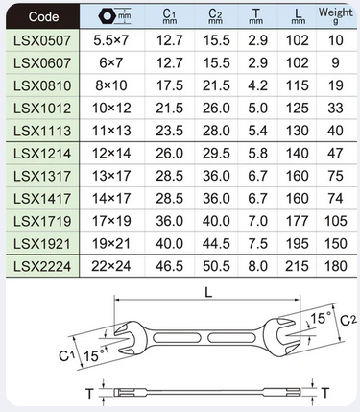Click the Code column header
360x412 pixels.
point(43,16)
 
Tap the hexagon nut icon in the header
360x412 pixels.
point(107,16)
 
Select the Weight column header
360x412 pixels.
point(335,15)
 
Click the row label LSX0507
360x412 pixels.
point(42,40)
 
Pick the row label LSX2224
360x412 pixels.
point(42,266)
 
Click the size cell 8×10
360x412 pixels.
point(111,85)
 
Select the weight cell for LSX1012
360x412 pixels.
point(335,109)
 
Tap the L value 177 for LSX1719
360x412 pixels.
point(298,221)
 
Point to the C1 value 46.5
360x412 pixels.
point(170,266)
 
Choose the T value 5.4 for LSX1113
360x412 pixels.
point(257,131)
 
